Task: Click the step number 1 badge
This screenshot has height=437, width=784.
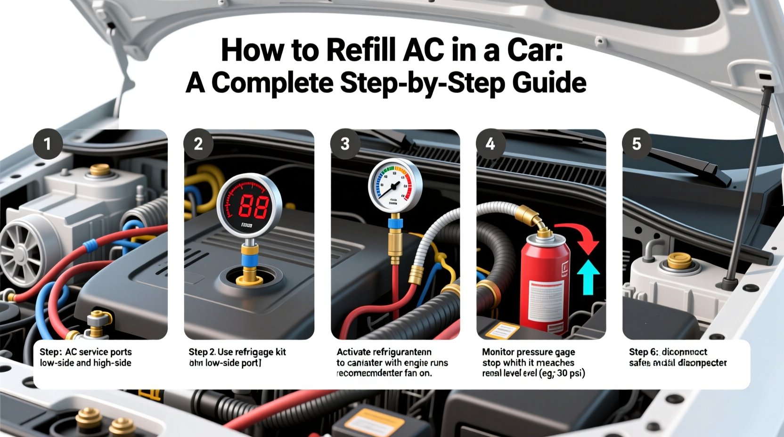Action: [47, 144]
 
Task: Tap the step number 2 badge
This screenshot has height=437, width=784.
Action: [198, 144]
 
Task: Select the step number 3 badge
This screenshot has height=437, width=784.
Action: [345, 144]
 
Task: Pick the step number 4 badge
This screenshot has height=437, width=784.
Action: [490, 144]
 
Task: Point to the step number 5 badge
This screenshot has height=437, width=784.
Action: [637, 144]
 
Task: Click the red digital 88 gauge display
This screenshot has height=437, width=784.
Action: [249, 206]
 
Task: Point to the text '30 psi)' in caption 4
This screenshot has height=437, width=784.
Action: [570, 373]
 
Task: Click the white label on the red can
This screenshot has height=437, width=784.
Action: [547, 302]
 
